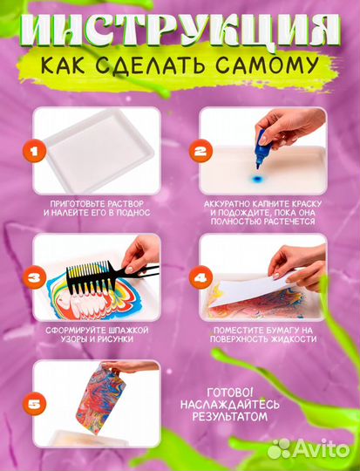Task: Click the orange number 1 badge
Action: coord(36,154)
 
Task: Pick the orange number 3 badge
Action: coord(36,279)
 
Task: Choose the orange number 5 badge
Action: coord(36,404)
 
